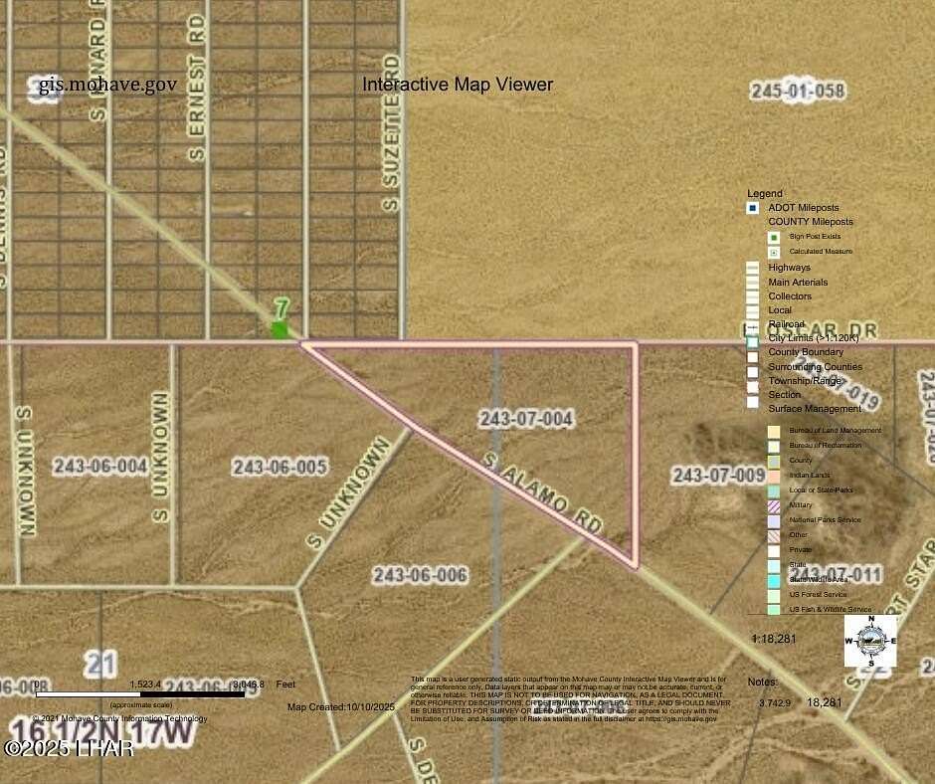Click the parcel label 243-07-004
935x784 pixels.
pyautogui.click(x=526, y=419)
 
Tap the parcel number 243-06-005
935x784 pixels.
pyautogui.click(x=280, y=467)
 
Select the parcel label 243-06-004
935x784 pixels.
pyautogui.click(x=100, y=465)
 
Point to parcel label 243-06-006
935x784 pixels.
pyautogui.click(x=420, y=575)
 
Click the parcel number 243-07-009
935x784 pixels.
pyautogui.click(x=718, y=476)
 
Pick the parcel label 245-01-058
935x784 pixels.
pyautogui.click(x=798, y=92)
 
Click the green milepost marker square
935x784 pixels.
pyautogui.click(x=280, y=329)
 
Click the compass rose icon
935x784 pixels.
pyautogui.click(x=870, y=641)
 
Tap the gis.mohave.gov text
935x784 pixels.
pyautogui.click(x=107, y=85)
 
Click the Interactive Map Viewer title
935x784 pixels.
pyautogui.click(x=458, y=85)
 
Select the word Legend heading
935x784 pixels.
pyautogui.click(x=765, y=193)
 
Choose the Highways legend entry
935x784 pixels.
pyautogui.click(x=789, y=268)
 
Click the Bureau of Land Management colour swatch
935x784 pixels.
pyautogui.click(x=773, y=431)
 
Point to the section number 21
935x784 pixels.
pyautogui.click(x=100, y=663)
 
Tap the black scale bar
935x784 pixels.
pyautogui.click(x=139, y=693)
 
